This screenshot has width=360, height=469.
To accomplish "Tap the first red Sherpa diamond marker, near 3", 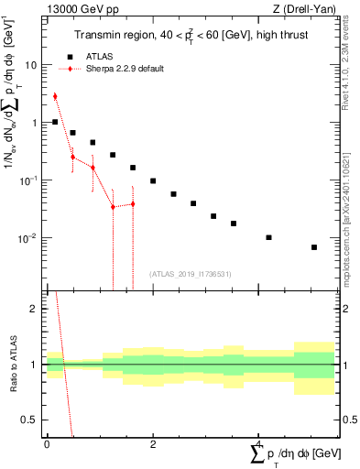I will point(55,96).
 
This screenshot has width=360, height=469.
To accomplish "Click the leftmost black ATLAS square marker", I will point(55,122).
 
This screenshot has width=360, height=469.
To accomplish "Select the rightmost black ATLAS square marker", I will point(314,247).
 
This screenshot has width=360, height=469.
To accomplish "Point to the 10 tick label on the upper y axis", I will point(31,65).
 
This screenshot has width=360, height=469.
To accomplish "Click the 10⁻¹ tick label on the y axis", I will point(28,180).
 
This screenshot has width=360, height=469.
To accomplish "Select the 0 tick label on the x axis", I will point(47,443).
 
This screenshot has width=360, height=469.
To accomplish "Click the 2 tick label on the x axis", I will point(153,443).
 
